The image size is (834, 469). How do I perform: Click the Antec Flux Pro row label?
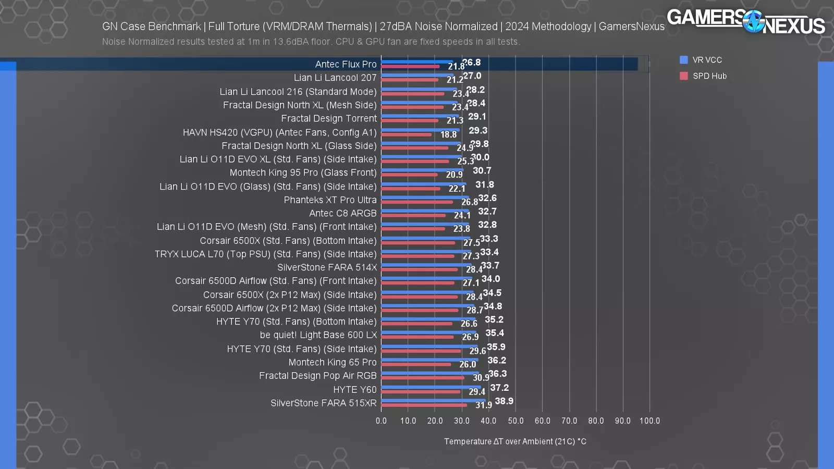tap(346, 64)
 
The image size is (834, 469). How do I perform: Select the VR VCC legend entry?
tap(707, 60)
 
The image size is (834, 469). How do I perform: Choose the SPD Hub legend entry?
tap(709, 76)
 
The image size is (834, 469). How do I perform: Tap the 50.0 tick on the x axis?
tap(516, 421)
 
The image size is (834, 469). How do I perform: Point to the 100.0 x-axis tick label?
tap(649, 421)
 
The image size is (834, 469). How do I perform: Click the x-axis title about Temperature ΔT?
tap(515, 441)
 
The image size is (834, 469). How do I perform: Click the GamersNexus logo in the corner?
tap(745, 21)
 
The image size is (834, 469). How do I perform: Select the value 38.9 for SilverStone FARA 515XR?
tap(504, 401)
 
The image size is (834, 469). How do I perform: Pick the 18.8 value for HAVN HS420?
tap(449, 134)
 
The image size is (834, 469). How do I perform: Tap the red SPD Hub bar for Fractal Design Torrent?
tap(410, 120)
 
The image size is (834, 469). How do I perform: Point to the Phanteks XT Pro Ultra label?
tap(330, 200)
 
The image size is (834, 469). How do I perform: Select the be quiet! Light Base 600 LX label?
tap(318, 335)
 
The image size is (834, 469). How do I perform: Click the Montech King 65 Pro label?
tap(332, 362)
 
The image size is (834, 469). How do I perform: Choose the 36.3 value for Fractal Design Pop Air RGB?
tap(498, 374)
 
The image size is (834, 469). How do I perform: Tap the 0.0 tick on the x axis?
tap(381, 421)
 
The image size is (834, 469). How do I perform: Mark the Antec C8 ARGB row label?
tap(342, 213)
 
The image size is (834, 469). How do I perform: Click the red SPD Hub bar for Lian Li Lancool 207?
tap(410, 80)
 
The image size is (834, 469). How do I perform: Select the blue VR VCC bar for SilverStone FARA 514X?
tap(426, 265)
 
